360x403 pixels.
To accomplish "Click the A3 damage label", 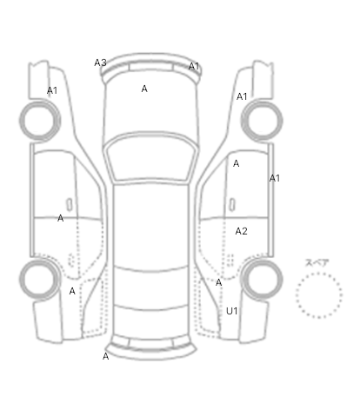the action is tap(100, 63).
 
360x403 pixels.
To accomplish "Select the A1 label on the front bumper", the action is tap(194, 66).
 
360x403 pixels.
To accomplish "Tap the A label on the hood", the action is tap(144, 89).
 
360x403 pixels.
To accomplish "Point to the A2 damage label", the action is tap(241, 231).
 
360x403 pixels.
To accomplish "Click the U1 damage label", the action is tap(232, 311).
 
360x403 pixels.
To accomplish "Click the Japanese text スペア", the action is tap(317, 263).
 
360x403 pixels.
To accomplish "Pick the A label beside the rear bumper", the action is tap(106, 356).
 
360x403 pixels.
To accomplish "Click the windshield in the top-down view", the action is tap(150, 157).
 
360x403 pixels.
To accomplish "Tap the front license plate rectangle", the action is tap(151, 67).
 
